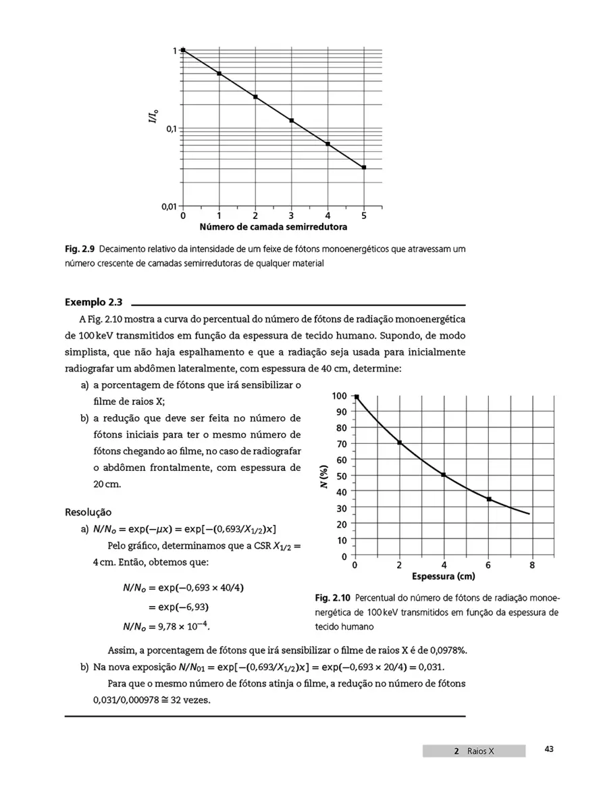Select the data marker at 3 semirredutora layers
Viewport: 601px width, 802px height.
[x=292, y=120]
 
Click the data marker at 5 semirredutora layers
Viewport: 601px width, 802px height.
[x=364, y=167]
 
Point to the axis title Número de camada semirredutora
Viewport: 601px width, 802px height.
[x=273, y=227]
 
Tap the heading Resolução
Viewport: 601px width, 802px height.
[x=88, y=512]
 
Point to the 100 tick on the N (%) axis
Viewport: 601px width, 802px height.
[x=340, y=396]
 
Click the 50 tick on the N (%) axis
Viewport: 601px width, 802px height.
[x=342, y=476]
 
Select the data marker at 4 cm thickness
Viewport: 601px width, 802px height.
[x=444, y=475]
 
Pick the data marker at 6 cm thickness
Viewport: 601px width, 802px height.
[x=488, y=499]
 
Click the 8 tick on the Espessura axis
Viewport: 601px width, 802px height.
[x=532, y=565]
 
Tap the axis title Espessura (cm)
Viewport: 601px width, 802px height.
[x=443, y=576]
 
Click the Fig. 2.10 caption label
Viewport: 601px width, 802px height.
[x=332, y=599]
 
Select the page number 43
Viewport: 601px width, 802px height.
[x=548, y=749]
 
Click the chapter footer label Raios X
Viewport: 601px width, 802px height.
[x=480, y=751]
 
